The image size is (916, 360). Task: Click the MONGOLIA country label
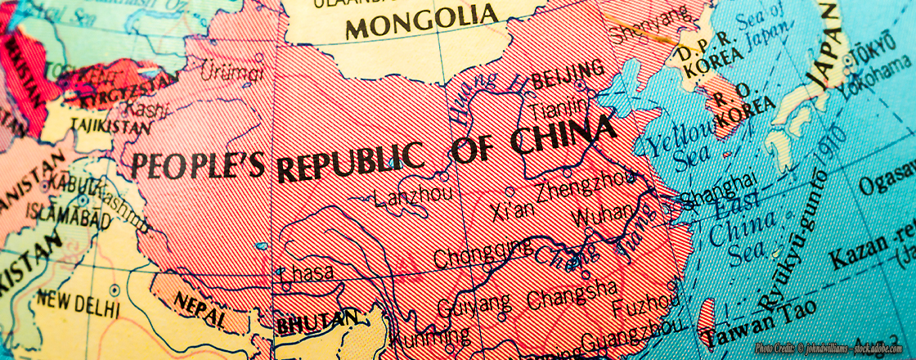click(x=421, y=20)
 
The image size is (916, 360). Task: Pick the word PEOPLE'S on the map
click(x=198, y=163)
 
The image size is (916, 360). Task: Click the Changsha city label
click(x=572, y=294)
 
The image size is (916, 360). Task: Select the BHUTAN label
click(x=317, y=321)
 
